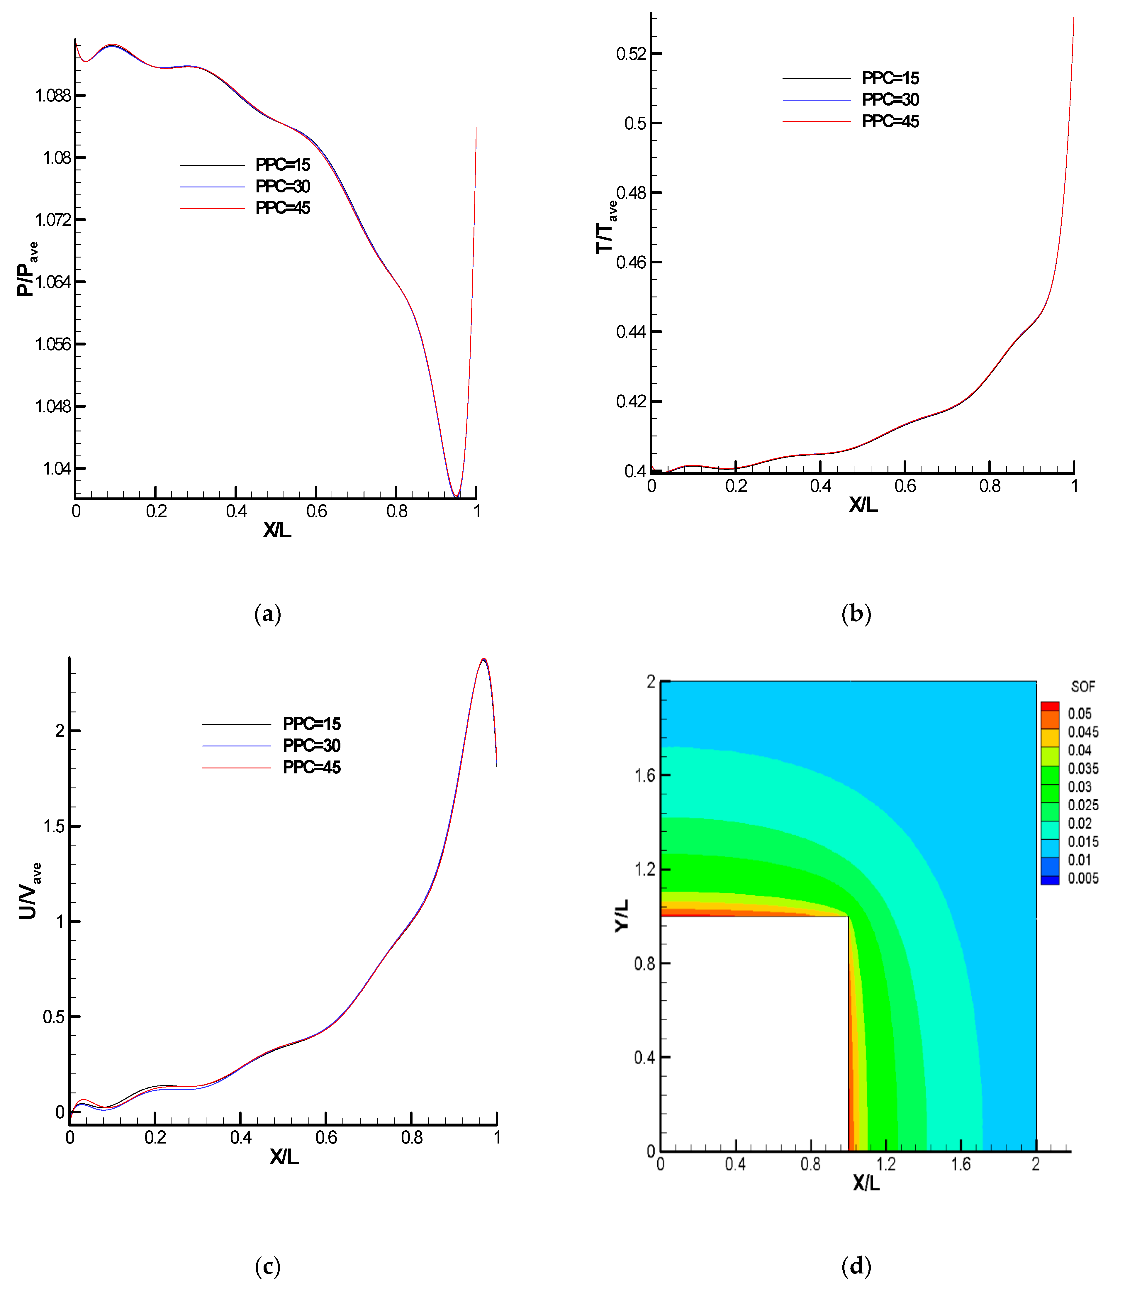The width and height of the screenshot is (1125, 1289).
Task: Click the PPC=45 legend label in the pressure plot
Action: (283, 208)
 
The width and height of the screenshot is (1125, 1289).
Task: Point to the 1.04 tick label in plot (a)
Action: (57, 468)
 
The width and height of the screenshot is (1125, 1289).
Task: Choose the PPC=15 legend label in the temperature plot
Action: (890, 79)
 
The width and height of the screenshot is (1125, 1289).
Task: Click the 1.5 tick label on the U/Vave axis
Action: (54, 826)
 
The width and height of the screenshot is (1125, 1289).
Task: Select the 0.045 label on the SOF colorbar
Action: (1083, 732)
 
